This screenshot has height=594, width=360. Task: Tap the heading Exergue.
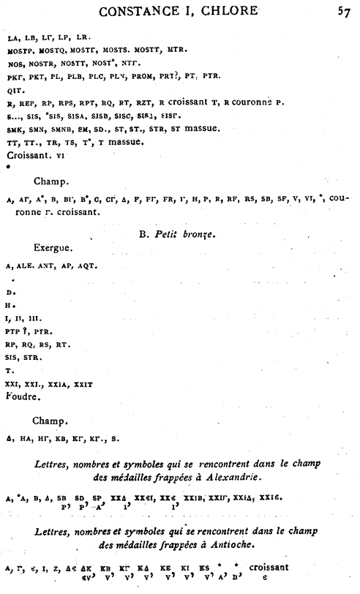(52, 248)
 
